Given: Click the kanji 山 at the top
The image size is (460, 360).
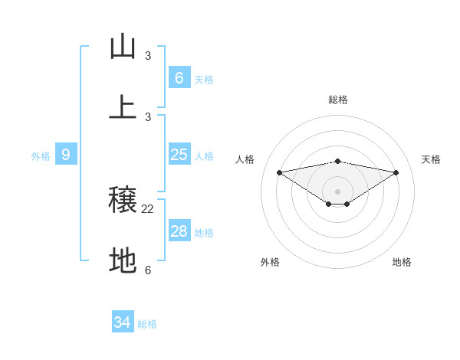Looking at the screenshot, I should click(123, 47).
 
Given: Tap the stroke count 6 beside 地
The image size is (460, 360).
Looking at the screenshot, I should click(148, 270).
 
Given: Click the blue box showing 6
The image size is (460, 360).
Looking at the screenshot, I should click(179, 77).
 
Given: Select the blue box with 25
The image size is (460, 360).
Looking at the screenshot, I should click(179, 155).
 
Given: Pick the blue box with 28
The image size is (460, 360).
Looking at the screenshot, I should click(179, 231).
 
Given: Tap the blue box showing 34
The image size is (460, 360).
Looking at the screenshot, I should click(123, 322).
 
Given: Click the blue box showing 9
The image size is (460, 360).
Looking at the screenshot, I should click(66, 155).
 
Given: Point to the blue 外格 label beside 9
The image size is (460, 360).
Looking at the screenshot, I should click(41, 155).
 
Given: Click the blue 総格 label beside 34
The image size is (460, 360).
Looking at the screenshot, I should click(147, 324).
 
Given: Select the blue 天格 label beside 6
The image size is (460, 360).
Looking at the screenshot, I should click(204, 79).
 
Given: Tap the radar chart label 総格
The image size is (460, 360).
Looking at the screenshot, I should click(338, 100).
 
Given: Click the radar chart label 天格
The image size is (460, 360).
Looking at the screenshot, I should click(432, 159).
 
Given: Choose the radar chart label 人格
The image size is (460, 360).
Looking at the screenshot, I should click(245, 159).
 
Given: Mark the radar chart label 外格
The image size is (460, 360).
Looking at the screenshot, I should click(270, 262).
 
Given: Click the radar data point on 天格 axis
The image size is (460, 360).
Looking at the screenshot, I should click(396, 172).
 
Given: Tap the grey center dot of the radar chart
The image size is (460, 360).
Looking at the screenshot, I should click(338, 191).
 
